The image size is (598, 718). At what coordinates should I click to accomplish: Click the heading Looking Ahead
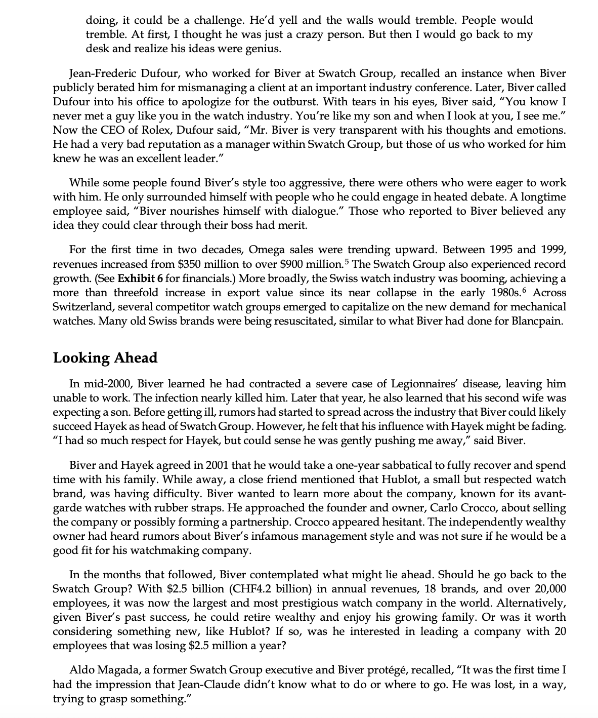(105, 357)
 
